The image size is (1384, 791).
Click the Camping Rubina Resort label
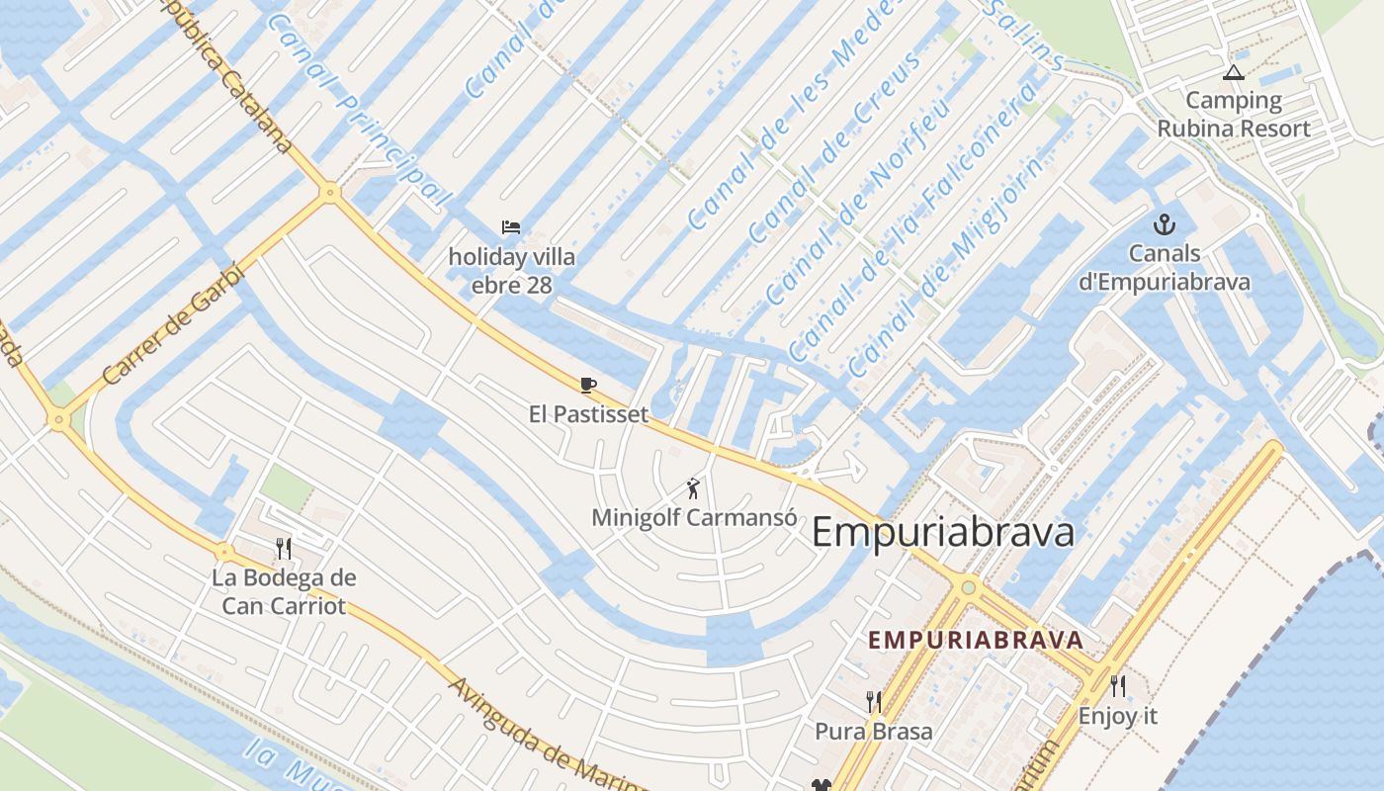tap(1234, 114)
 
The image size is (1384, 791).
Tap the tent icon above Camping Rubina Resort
tap(1232, 72)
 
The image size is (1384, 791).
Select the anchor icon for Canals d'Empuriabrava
tap(1165, 224)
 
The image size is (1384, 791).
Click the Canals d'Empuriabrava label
tap(1164, 267)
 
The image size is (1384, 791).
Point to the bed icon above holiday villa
tap(511, 227)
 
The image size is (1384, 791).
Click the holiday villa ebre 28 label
tap(511, 271)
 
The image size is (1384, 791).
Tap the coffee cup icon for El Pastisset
tap(588, 385)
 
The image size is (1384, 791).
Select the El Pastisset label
tap(588, 414)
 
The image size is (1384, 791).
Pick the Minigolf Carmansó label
tap(694, 517)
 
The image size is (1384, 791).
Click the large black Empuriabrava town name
tap(942, 532)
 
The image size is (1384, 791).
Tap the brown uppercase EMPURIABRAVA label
tap(976, 640)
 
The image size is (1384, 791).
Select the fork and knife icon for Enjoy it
tap(1117, 686)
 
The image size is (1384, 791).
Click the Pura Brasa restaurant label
tap(873, 732)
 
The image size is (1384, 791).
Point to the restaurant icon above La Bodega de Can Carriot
tap(284, 548)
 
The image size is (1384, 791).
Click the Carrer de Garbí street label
tap(173, 323)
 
